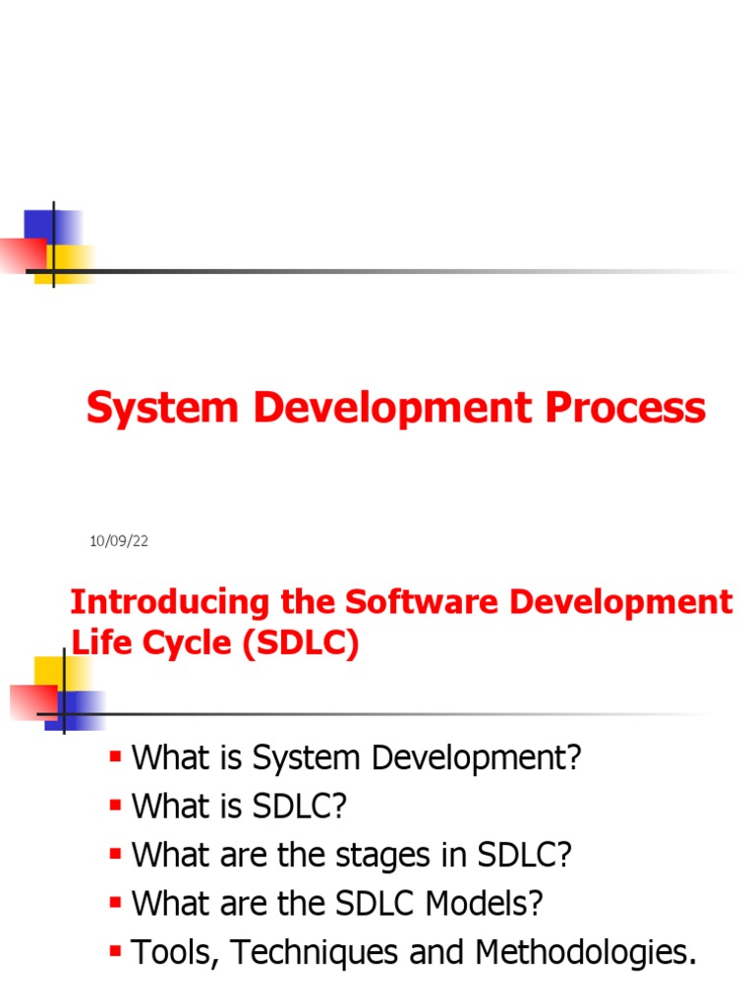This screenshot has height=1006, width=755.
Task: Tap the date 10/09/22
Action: coord(118,541)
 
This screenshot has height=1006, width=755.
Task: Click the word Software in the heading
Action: coord(430,602)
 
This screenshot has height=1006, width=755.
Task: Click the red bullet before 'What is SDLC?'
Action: coord(116,805)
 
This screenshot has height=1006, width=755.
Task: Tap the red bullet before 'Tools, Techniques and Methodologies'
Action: coord(116,950)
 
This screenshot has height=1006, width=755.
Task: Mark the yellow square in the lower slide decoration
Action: coord(55,672)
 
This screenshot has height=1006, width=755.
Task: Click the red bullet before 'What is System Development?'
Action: coord(116,756)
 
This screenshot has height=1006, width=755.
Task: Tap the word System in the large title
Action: coord(162,408)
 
